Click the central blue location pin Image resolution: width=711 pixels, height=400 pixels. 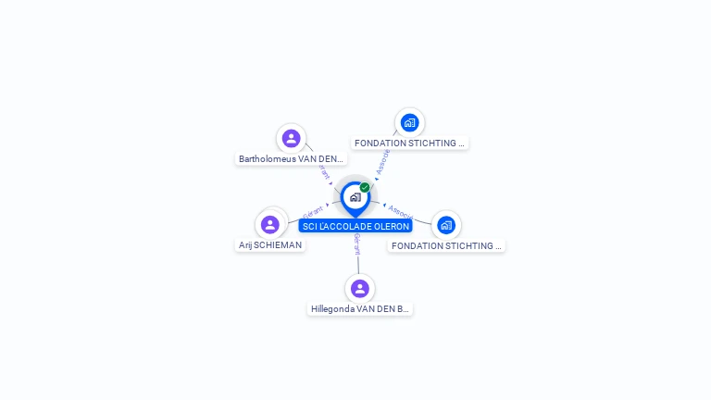pyautogui.click(x=355, y=197)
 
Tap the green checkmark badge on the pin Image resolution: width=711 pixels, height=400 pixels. pyautogui.click(x=365, y=187)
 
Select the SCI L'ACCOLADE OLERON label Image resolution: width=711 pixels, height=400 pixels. pyautogui.click(x=355, y=226)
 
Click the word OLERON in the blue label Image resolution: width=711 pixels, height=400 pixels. pyautogui.click(x=389, y=226)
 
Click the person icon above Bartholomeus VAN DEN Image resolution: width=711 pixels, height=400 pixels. pyautogui.click(x=292, y=139)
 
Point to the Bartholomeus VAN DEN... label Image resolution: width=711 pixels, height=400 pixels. pyautogui.click(x=292, y=158)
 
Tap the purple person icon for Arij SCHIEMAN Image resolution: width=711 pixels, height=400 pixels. pyautogui.click(x=270, y=224)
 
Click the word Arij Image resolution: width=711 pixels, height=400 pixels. pyautogui.click(x=245, y=245)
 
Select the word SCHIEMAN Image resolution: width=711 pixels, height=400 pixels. pyautogui.click(x=278, y=245)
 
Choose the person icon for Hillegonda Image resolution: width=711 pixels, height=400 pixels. pyautogui.click(x=360, y=289)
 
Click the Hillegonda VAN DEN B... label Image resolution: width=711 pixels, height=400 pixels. pyautogui.click(x=360, y=308)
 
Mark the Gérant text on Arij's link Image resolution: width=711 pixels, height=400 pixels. pyautogui.click(x=312, y=214)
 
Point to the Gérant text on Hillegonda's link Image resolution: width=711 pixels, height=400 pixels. pyautogui.click(x=356, y=244)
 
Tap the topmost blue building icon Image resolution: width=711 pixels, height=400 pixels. pyautogui.click(x=410, y=122)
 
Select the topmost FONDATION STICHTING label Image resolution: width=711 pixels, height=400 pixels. pyautogui.click(x=409, y=143)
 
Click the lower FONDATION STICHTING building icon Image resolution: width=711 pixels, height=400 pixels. pyautogui.click(x=446, y=225)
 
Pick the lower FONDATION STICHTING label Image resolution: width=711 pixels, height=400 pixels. pyautogui.click(x=446, y=245)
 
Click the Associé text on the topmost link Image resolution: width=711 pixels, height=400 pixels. pyautogui.click(x=383, y=163)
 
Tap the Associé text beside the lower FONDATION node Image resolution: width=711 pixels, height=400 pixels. pyautogui.click(x=400, y=212)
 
